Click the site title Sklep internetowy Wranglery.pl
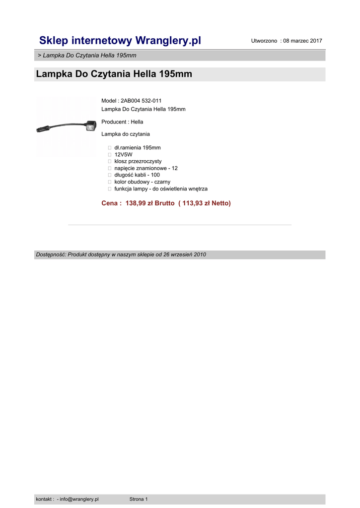click(120, 40)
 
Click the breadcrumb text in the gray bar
click(87, 55)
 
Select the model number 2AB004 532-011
click(141, 101)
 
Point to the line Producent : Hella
click(122, 122)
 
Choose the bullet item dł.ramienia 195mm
click(137, 148)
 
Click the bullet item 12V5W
click(123, 155)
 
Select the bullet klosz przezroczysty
click(138, 161)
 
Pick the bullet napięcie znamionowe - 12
click(145, 168)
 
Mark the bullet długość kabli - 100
click(137, 175)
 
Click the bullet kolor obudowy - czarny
click(142, 182)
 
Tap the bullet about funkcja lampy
click(160, 189)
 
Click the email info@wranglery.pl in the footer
click(79, 499)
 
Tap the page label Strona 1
click(139, 499)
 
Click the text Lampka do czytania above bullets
click(125, 134)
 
